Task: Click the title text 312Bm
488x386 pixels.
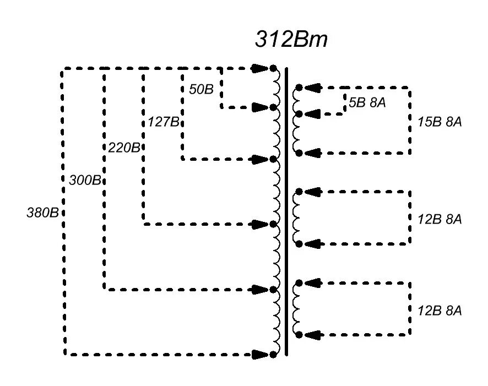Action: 291,40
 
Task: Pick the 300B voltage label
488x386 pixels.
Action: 85,180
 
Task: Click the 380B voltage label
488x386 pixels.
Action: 43,212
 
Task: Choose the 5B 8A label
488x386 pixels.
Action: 367,102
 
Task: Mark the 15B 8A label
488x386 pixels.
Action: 439,122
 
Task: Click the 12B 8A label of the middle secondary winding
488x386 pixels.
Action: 439,219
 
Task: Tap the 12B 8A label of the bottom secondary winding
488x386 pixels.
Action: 439,311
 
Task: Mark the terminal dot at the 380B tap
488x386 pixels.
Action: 273,354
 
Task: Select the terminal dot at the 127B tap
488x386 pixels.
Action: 273,159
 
